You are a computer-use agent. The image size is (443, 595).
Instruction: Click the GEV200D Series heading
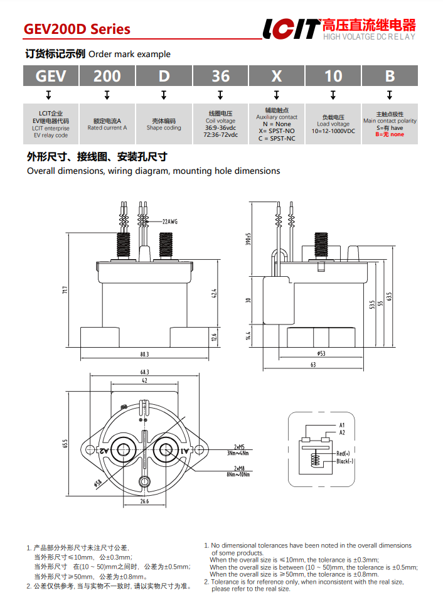coord(77,29)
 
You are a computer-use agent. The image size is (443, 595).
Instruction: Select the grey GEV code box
coord(51,76)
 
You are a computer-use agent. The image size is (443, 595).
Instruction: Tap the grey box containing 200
coord(107,76)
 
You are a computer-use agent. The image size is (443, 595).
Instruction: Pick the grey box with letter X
coord(277,76)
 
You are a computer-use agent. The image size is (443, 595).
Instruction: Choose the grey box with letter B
coord(390,76)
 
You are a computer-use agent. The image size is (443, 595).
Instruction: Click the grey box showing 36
coord(220,76)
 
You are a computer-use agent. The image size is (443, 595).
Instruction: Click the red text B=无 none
coord(390,134)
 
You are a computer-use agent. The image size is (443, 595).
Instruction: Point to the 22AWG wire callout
coord(170,222)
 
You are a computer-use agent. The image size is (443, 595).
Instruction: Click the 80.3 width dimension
coord(145,355)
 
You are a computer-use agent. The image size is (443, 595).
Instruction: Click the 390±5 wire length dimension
coord(248,239)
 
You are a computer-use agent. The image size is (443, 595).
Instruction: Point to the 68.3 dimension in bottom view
coord(144,372)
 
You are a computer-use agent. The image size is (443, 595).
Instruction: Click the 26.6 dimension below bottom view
coord(144,501)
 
